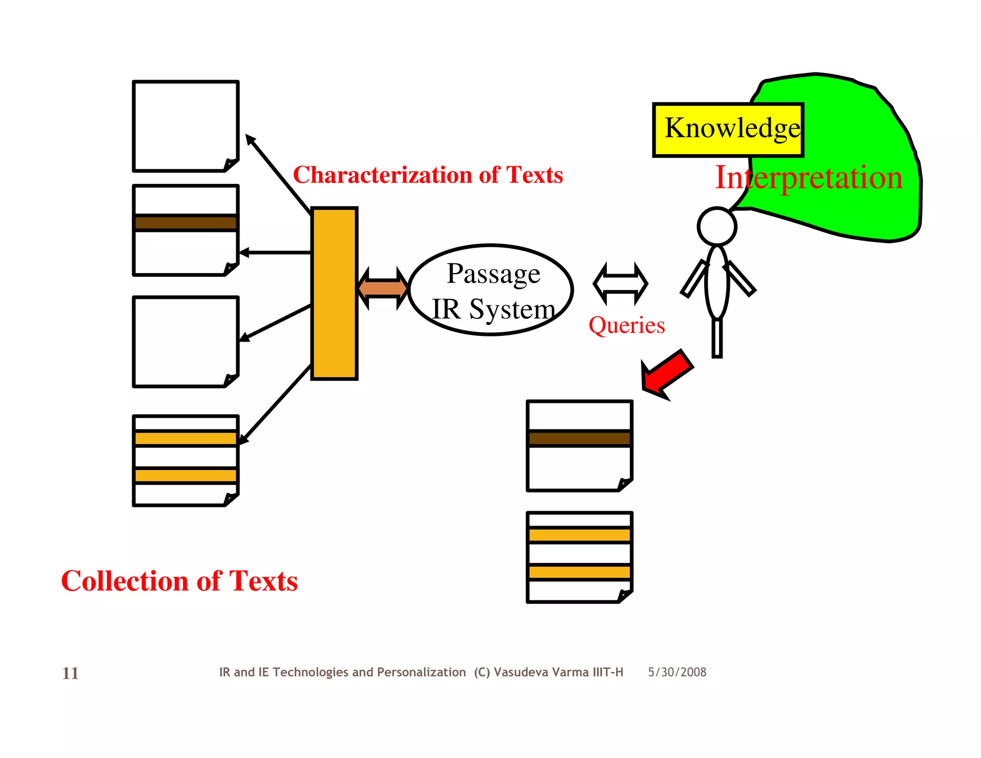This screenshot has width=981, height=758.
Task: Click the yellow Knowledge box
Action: point(728,130)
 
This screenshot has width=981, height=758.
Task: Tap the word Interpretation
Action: point(809,178)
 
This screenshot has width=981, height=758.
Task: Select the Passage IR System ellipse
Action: point(491,290)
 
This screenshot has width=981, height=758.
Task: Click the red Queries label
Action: point(627,325)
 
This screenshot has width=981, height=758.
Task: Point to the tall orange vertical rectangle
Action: point(334,293)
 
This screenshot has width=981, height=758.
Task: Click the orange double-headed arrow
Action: point(383,288)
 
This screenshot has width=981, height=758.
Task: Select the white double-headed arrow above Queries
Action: point(620,284)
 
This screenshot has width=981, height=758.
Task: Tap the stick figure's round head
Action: point(717,227)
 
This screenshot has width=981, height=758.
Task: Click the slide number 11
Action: point(70,673)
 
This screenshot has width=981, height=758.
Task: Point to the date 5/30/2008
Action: point(677,672)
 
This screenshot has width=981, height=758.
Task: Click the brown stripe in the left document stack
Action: point(185,223)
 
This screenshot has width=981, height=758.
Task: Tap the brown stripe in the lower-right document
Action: point(580,438)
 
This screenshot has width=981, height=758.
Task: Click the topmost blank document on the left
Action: point(185,126)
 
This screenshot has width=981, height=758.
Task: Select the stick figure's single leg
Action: point(717,338)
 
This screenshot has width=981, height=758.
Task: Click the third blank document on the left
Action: point(185,341)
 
